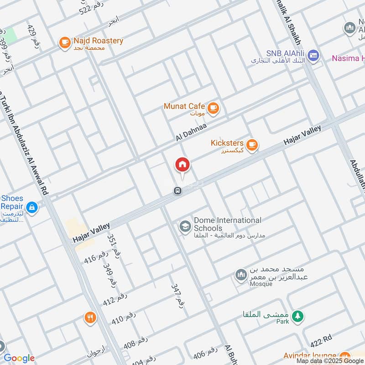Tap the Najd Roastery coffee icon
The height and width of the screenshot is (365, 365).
click(64, 43)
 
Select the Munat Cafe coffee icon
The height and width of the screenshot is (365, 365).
click(213, 108)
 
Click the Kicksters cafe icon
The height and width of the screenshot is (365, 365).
click(252, 145)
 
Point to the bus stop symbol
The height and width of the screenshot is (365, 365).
click(178, 191)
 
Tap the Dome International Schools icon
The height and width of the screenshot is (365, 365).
click(185, 226)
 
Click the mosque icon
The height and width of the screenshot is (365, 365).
click(240, 275)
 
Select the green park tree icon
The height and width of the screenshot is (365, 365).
click(297, 316)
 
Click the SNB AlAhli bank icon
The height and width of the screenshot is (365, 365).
click(313, 56)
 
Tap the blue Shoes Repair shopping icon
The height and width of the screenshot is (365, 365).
click(31, 208)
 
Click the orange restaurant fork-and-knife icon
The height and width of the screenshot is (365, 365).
click(90, 318)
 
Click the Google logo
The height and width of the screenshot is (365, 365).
click(19, 358)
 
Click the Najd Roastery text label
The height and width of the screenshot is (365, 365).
click(98, 41)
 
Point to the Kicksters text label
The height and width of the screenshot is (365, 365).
click(227, 143)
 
